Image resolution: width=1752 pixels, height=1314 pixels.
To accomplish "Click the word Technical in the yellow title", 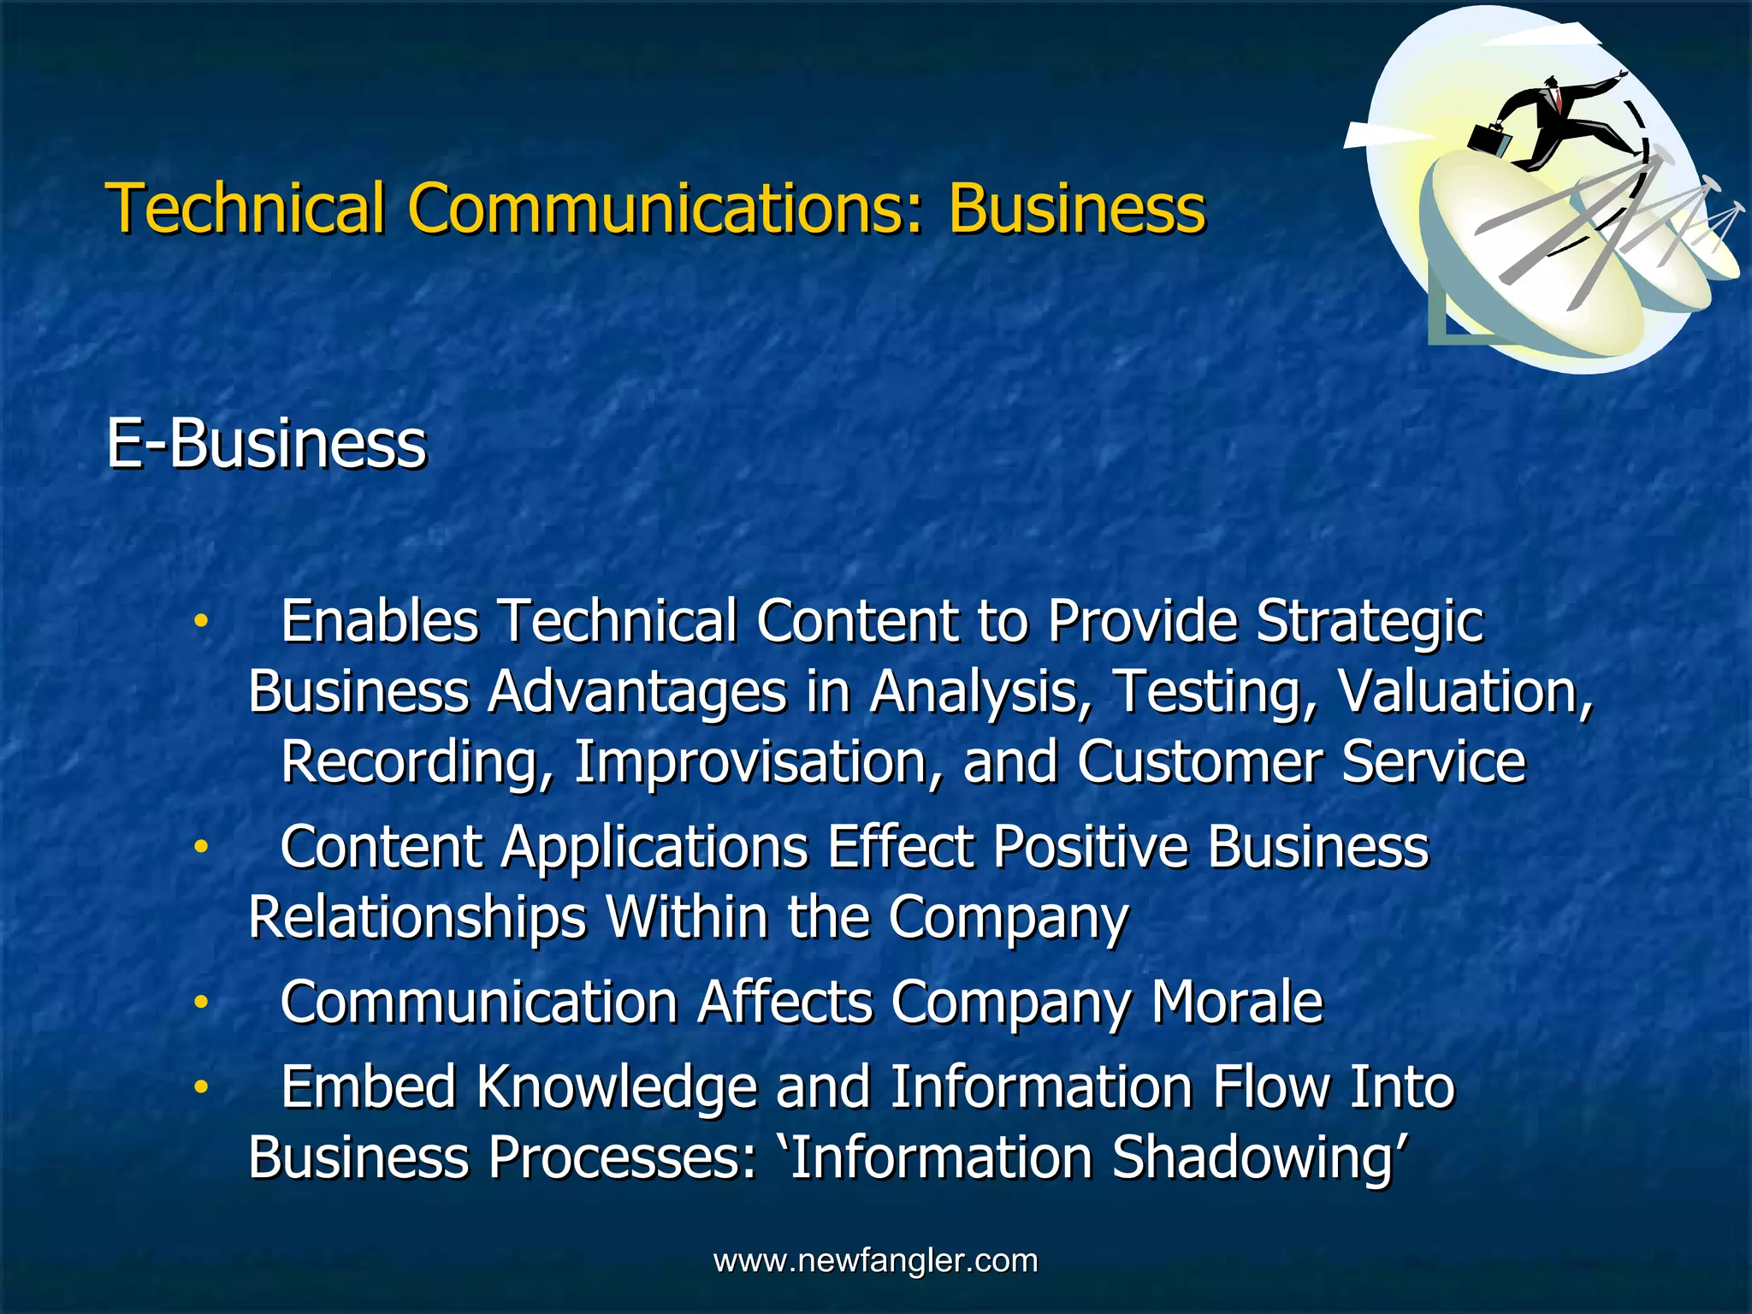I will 245,208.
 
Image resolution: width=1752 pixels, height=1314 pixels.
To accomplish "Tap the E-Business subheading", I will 265,445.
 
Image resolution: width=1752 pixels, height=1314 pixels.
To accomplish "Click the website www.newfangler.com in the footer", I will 875,1260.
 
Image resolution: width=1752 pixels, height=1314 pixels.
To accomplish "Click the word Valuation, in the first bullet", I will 1465,691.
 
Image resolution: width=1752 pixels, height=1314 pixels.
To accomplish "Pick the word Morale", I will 1237,1003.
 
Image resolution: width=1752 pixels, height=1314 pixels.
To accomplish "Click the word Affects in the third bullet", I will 784,1003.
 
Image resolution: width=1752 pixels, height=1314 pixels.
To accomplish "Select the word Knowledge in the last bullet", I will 616,1087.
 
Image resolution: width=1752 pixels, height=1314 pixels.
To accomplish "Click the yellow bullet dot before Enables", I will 200,622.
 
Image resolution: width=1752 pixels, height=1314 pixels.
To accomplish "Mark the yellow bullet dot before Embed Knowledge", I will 200,1087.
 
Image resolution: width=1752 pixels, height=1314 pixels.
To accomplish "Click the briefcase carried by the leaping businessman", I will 1489,139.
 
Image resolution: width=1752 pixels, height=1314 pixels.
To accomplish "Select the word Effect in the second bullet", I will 900,848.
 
